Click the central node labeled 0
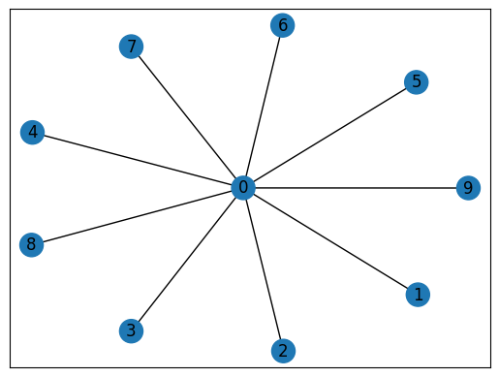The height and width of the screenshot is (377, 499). pos(243,188)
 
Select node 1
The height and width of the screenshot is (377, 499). pos(418,294)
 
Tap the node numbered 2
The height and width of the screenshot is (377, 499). pos(283,351)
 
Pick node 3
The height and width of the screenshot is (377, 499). pos(130,330)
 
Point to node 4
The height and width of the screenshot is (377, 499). pos(32,132)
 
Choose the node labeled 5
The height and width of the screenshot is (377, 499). pos(417,81)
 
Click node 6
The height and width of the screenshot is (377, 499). pos(283,25)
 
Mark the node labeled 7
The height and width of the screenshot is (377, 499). pos(131,46)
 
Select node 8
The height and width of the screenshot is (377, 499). pos(32,244)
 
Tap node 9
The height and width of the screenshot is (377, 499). pos(468,188)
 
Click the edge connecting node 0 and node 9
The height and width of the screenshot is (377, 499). pos(356,188)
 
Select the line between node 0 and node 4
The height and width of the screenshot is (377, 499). pos(138,160)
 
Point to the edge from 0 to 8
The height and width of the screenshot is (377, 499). pos(138,216)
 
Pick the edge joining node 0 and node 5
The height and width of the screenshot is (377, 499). pos(329,135)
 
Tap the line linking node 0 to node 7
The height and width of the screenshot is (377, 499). pos(187,116)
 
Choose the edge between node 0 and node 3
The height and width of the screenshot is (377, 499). pos(186,260)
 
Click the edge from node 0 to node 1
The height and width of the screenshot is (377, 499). pos(330,241)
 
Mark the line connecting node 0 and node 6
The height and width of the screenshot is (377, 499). pos(263,107)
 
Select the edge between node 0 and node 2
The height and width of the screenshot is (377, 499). pos(263,269)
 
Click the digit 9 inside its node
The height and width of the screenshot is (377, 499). pos(468,188)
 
